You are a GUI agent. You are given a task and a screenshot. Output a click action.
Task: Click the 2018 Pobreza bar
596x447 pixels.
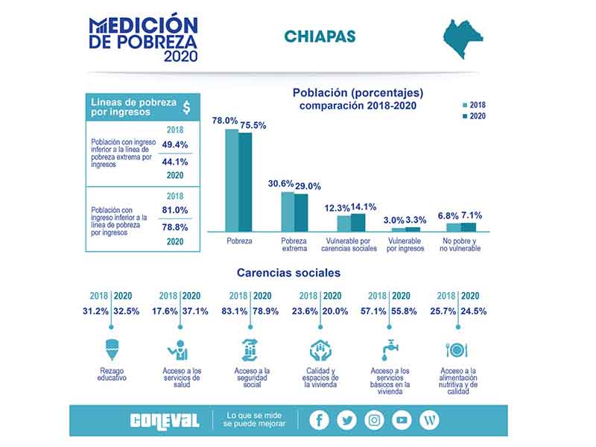[232, 180]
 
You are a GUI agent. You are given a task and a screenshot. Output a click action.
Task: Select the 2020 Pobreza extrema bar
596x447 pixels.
[301, 213]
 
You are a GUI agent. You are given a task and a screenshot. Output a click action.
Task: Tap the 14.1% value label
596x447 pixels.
[364, 207]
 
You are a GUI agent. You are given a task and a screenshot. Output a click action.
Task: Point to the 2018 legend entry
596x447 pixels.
[474, 105]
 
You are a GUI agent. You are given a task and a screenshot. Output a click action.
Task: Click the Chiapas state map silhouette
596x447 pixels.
[463, 39]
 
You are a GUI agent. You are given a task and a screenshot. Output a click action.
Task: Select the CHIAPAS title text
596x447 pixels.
[320, 37]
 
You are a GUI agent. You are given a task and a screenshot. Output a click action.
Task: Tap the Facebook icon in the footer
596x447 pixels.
[319, 420]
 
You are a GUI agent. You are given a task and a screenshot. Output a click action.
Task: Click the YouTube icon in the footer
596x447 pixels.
[402, 420]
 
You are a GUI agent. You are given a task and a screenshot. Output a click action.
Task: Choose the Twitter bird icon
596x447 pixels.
[346, 420]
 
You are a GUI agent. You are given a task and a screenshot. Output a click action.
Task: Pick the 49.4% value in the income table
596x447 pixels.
[175, 145]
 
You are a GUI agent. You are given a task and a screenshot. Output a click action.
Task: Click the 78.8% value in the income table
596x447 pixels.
[175, 227]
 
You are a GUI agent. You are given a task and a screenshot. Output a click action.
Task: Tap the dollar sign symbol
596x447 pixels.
[186, 107]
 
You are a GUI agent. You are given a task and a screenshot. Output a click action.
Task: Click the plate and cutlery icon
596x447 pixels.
[457, 350]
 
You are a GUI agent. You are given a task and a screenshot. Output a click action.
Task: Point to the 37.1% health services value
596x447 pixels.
[195, 311]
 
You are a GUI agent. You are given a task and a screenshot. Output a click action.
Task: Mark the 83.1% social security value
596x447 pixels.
[235, 311]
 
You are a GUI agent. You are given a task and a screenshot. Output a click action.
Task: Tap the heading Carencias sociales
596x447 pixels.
[288, 273]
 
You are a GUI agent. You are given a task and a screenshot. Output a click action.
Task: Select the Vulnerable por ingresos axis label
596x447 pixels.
[405, 244]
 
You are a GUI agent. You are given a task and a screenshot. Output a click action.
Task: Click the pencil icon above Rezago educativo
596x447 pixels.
[112, 349]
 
